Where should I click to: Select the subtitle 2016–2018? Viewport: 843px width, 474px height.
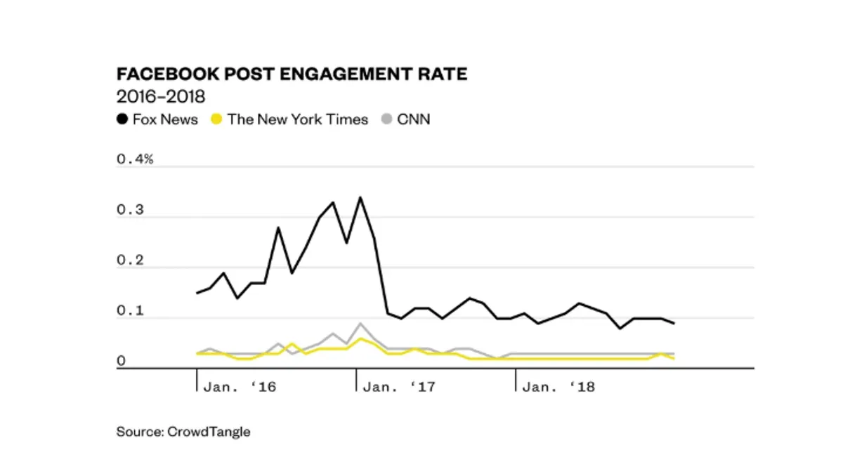click(x=161, y=96)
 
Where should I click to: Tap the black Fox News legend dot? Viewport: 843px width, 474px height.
click(x=122, y=119)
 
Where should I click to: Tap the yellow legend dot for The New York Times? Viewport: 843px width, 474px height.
click(x=216, y=119)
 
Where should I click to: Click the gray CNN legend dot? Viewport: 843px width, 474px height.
click(x=386, y=119)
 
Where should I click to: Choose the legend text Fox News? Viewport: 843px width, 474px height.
click(x=165, y=119)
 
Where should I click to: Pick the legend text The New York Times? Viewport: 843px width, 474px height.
click(x=298, y=119)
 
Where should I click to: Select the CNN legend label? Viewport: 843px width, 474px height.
click(x=414, y=119)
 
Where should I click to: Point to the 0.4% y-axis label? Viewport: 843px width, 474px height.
click(x=135, y=159)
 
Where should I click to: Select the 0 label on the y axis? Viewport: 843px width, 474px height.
click(x=120, y=361)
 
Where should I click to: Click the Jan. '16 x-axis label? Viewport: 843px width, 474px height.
click(x=239, y=387)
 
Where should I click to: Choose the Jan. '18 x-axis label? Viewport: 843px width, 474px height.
click(x=559, y=387)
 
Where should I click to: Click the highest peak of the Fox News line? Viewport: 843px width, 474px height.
click(x=360, y=197)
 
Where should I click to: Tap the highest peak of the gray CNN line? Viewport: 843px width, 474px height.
click(x=360, y=324)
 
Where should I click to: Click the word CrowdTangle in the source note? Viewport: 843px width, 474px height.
click(x=209, y=432)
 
